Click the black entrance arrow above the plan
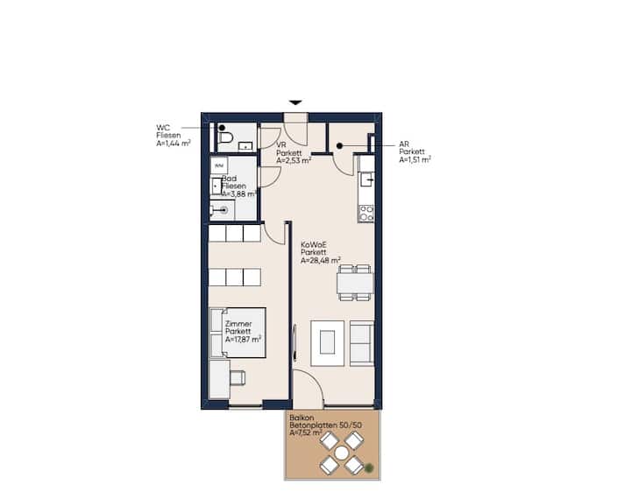[x=296, y=103]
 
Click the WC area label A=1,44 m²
[x=174, y=143]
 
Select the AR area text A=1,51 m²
[x=415, y=159]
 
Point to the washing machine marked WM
[x=219, y=165]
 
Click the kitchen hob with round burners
[x=365, y=213]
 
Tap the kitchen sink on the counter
[x=366, y=179]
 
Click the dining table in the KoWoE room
[x=355, y=283]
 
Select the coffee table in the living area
[x=328, y=343]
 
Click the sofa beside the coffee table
[x=362, y=343]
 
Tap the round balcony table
[x=342, y=453]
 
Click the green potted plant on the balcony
[x=369, y=467]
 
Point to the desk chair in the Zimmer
[x=238, y=378]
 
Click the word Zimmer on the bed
[x=238, y=324]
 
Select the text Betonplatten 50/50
[x=325, y=425]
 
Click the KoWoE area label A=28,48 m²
[x=321, y=260]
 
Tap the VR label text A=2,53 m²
[x=294, y=160]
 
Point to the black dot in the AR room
[x=340, y=146]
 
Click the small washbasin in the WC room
[x=245, y=146]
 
